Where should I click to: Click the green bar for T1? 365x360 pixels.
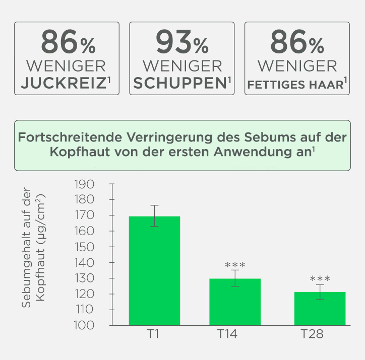click(x=154, y=270)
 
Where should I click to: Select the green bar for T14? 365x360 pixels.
click(x=235, y=302)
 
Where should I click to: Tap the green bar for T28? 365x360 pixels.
click(x=320, y=308)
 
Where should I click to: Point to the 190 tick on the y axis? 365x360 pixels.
click(x=84, y=184)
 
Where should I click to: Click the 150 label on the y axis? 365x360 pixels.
click(x=84, y=247)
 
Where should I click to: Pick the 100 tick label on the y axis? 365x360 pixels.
click(x=84, y=325)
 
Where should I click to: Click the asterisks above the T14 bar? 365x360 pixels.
click(x=235, y=265)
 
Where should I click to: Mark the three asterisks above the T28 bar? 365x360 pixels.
click(x=320, y=278)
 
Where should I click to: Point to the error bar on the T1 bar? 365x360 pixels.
click(x=154, y=216)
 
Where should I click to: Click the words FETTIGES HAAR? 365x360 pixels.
click(x=295, y=84)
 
